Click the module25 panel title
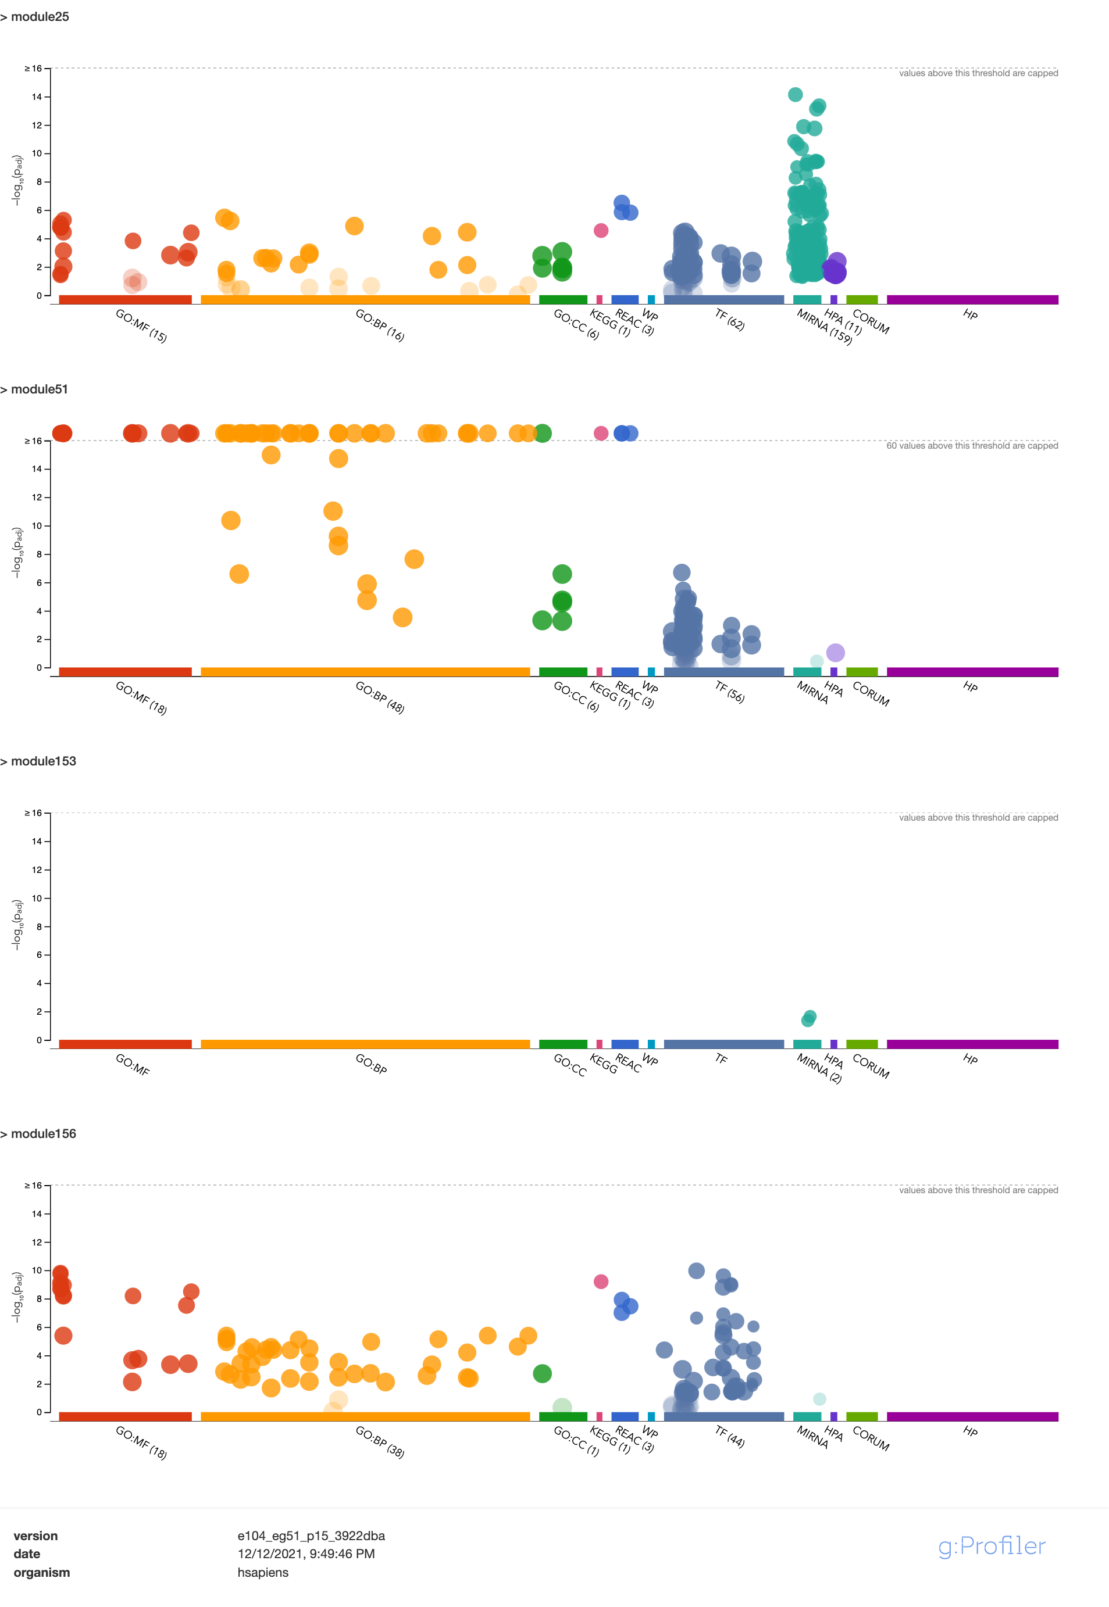39,17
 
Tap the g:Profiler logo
992,1546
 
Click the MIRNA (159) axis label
824,327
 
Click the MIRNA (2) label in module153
819,1068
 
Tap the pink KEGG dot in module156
601,1282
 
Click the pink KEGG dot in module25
601,231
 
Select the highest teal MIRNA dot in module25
796,95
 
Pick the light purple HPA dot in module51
835,653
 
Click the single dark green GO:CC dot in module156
542,1373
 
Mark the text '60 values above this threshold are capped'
971,446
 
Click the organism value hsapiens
263,1572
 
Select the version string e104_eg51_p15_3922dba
311,1536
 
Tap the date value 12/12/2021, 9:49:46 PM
306,1554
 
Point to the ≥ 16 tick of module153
33,813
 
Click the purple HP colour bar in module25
972,300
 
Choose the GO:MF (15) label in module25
141,325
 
